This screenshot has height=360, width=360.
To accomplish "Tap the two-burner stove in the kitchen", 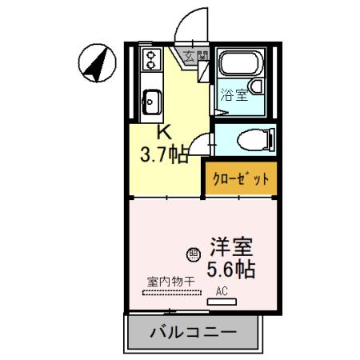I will click(x=150, y=58).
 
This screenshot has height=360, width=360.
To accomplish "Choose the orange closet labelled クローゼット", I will click(x=239, y=178).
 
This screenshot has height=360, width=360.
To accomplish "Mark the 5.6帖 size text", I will click(x=231, y=269).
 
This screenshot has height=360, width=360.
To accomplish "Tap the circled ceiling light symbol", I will click(x=193, y=254).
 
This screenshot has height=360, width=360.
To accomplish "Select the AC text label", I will click(x=222, y=292).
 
